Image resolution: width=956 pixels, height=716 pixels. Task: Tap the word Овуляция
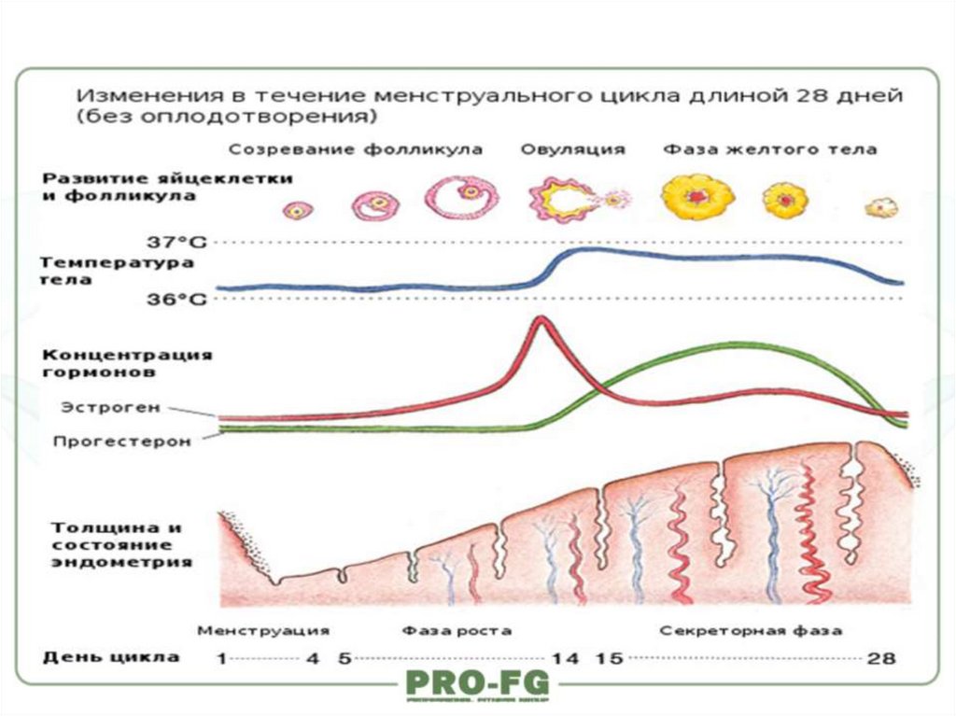point(572,149)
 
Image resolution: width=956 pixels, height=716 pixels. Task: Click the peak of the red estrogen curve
point(540,320)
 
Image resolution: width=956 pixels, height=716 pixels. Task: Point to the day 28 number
point(880,659)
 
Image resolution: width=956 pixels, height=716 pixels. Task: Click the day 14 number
point(565,659)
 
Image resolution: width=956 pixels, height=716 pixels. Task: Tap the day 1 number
point(221,659)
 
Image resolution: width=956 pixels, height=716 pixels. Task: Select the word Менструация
point(262,630)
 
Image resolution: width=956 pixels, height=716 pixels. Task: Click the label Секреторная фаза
point(751,630)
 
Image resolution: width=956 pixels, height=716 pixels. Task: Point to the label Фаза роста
point(457,630)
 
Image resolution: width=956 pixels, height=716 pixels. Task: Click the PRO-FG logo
point(477,685)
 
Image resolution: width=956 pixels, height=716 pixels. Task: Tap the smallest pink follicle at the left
point(299,210)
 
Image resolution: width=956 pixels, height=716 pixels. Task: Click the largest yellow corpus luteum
point(697,197)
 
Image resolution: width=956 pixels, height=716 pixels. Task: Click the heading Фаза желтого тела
point(769,149)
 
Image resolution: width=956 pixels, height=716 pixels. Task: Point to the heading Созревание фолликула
point(356,149)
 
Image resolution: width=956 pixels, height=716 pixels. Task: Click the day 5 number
point(344,659)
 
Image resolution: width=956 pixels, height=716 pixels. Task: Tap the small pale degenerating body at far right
point(880,207)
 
